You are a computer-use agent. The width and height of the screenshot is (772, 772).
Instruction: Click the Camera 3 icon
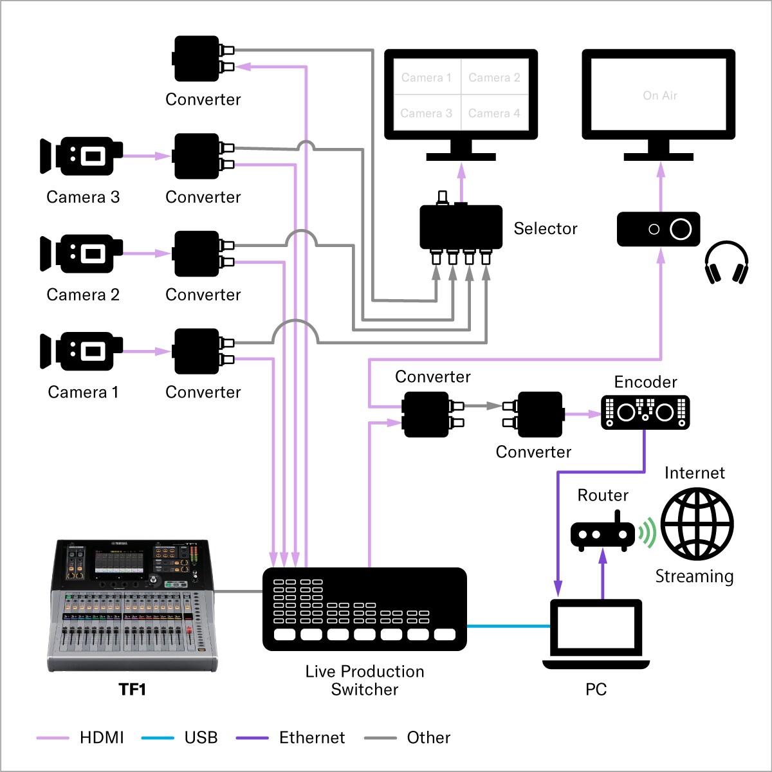81,156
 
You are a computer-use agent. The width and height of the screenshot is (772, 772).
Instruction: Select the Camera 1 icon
81,351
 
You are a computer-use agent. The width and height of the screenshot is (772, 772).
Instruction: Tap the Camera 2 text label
83,295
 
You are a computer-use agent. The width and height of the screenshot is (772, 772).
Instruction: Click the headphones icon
726,262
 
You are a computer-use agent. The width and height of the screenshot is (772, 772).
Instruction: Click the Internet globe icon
697,524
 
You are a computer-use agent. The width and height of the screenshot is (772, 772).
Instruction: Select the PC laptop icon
596,634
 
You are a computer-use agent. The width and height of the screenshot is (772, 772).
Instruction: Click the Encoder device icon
645,412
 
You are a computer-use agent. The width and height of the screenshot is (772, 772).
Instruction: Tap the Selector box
461,227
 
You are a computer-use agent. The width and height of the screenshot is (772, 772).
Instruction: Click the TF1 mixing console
132,605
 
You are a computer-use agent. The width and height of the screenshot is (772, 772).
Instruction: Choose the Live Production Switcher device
364,609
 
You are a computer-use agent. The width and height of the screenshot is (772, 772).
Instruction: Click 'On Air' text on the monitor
659,96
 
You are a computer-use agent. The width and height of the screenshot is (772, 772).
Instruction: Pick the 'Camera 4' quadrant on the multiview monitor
494,113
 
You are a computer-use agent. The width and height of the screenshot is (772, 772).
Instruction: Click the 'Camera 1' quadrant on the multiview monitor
427,78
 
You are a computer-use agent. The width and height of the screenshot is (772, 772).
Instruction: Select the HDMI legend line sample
53,738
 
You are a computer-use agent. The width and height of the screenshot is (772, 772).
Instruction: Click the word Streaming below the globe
694,576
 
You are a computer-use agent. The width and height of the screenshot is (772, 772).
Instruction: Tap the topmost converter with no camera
197,59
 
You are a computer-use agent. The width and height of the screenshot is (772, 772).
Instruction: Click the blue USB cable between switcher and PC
508,626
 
